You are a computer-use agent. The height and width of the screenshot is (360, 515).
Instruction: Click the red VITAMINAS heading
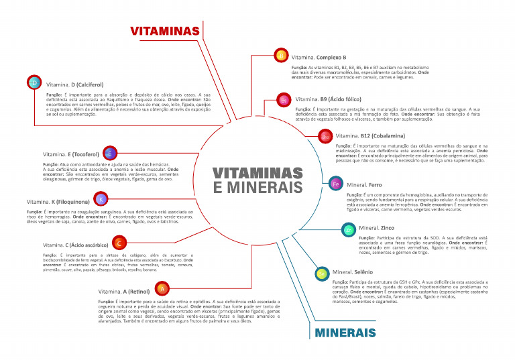164,31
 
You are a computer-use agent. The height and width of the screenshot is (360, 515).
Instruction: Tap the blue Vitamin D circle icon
35,82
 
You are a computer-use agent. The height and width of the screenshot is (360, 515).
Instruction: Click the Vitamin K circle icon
101,199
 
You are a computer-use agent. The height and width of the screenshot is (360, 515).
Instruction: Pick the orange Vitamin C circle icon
119,243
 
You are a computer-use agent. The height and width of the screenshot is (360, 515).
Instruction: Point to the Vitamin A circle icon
161,289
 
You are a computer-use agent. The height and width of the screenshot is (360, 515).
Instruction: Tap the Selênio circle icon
322,273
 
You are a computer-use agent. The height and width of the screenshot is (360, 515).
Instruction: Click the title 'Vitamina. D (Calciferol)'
74,85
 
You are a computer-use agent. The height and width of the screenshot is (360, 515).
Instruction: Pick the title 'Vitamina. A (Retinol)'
123,292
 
